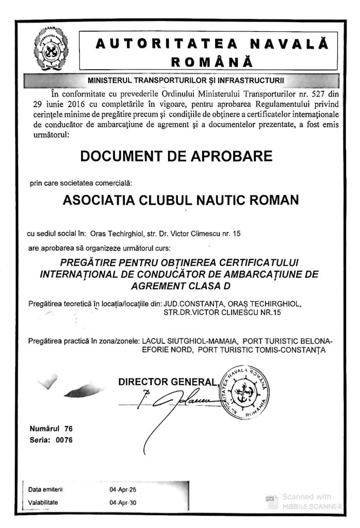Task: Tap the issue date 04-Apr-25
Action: [x=123, y=489]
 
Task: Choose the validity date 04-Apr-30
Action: [x=123, y=502]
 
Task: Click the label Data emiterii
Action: [x=45, y=489]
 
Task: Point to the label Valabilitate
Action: [x=45, y=502]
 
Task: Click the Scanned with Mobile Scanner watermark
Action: [x=304, y=501]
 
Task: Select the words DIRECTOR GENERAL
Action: [x=167, y=382]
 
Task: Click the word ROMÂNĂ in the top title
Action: [x=211, y=62]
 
